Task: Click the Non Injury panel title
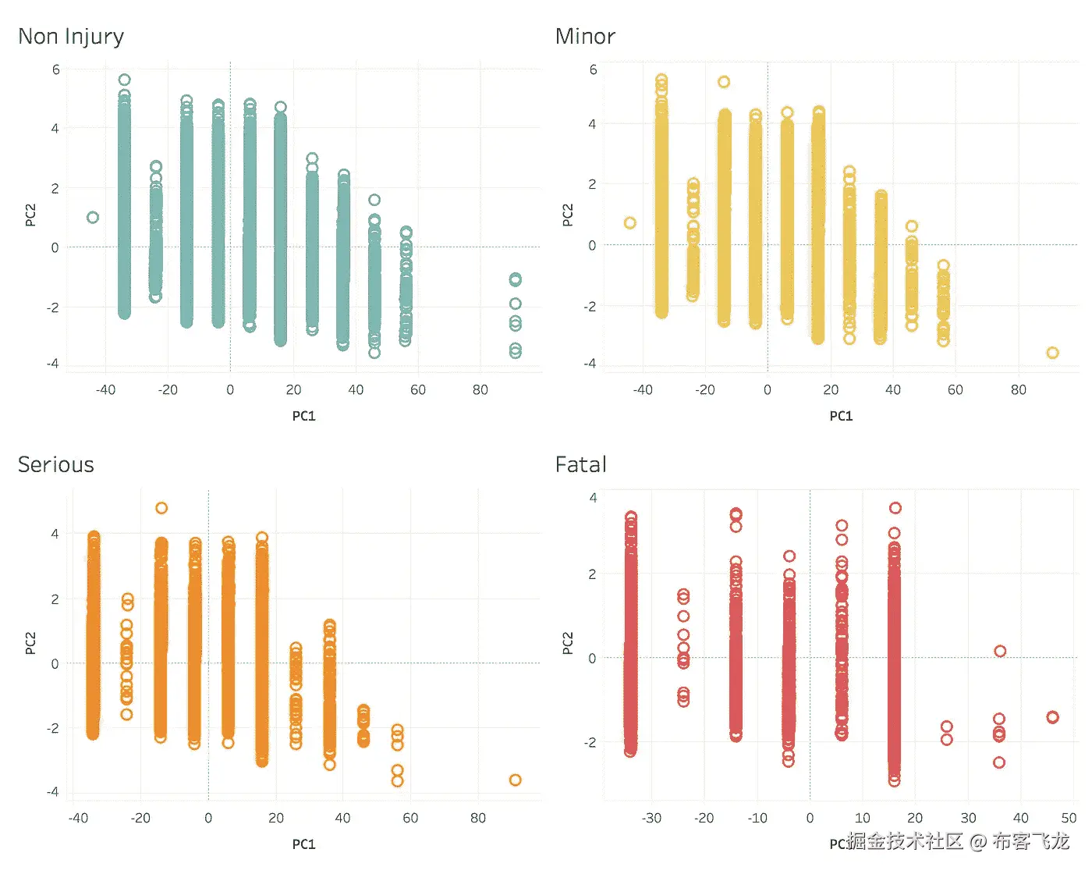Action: (71, 37)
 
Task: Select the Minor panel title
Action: (585, 37)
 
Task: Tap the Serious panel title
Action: (56, 465)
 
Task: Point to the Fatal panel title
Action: (581, 465)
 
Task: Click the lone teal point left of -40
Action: (93, 218)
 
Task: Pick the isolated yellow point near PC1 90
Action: (1052, 353)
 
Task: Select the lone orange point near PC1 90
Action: (515, 780)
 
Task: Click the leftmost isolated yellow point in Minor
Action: (630, 223)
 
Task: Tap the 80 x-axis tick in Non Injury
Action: (480, 389)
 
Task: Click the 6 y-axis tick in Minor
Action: (593, 70)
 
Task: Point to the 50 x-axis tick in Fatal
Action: (1069, 818)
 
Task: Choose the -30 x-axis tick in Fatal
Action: (651, 818)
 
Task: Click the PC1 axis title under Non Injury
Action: (303, 416)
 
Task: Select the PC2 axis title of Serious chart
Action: (30, 643)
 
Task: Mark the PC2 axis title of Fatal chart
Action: (568, 643)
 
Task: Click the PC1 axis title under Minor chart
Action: (841, 416)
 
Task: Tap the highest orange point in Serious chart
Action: (161, 508)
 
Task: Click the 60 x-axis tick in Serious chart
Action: (410, 818)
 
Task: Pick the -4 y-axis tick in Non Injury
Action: (52, 364)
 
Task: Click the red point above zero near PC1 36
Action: (1000, 652)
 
